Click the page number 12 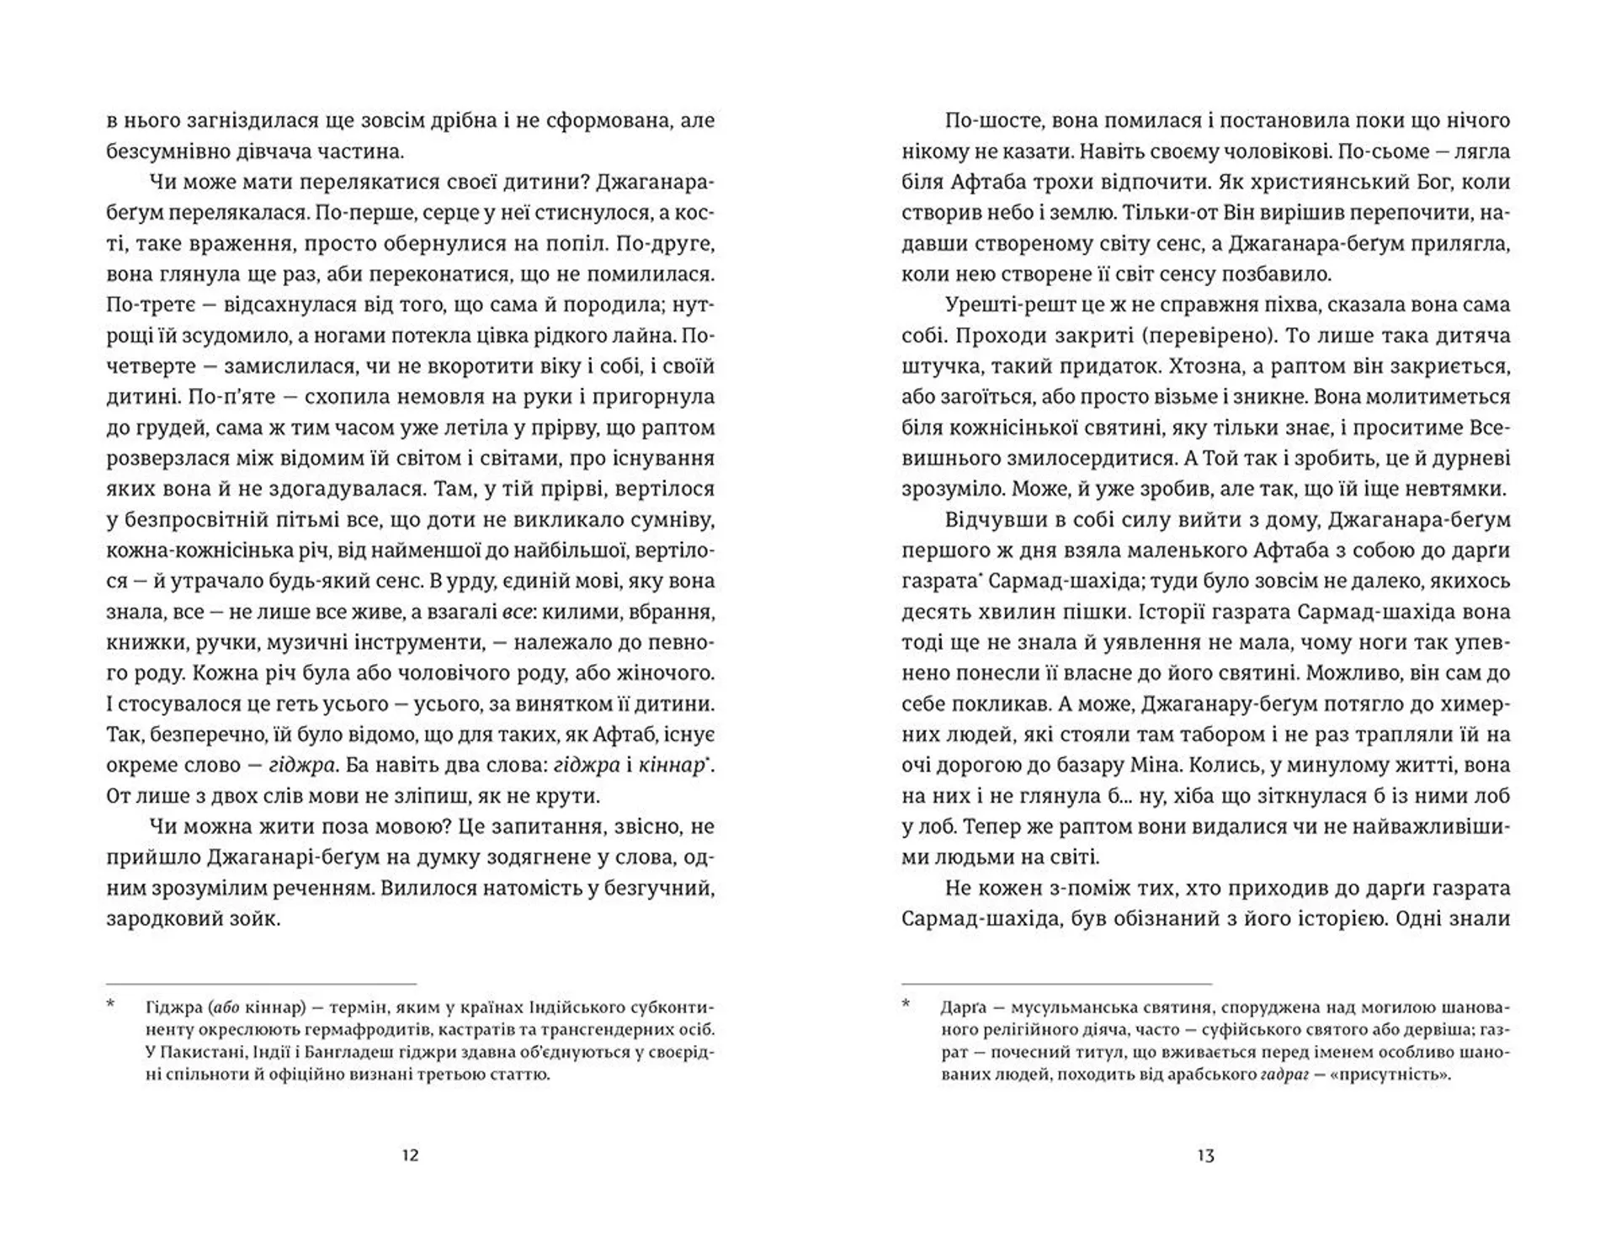(x=410, y=1155)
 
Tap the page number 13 (x=1205, y=1155)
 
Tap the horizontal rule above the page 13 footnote (x=1056, y=983)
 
